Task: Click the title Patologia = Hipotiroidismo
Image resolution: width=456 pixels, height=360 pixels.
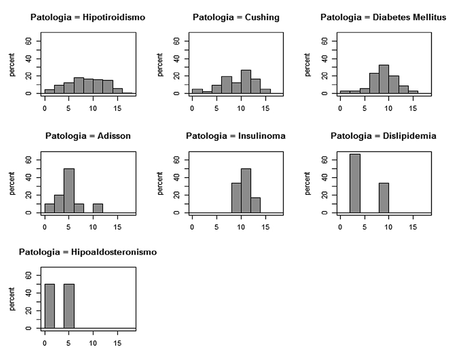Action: click(88, 18)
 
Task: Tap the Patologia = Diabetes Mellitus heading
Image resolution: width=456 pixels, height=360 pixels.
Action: click(382, 18)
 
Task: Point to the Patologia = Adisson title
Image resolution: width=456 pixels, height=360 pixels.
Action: click(88, 136)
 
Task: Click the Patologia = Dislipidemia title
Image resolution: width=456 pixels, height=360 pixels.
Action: click(382, 136)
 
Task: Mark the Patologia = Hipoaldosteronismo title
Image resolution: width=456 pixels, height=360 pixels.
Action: click(88, 252)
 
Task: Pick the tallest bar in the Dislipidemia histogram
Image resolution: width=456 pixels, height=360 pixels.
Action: click(355, 183)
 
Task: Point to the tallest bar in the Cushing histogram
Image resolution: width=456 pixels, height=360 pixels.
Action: click(246, 81)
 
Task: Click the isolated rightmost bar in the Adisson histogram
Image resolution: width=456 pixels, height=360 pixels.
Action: click(98, 208)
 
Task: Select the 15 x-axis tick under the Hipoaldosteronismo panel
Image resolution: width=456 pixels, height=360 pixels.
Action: click(117, 343)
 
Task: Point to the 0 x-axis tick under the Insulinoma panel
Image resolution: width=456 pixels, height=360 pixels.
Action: click(192, 226)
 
